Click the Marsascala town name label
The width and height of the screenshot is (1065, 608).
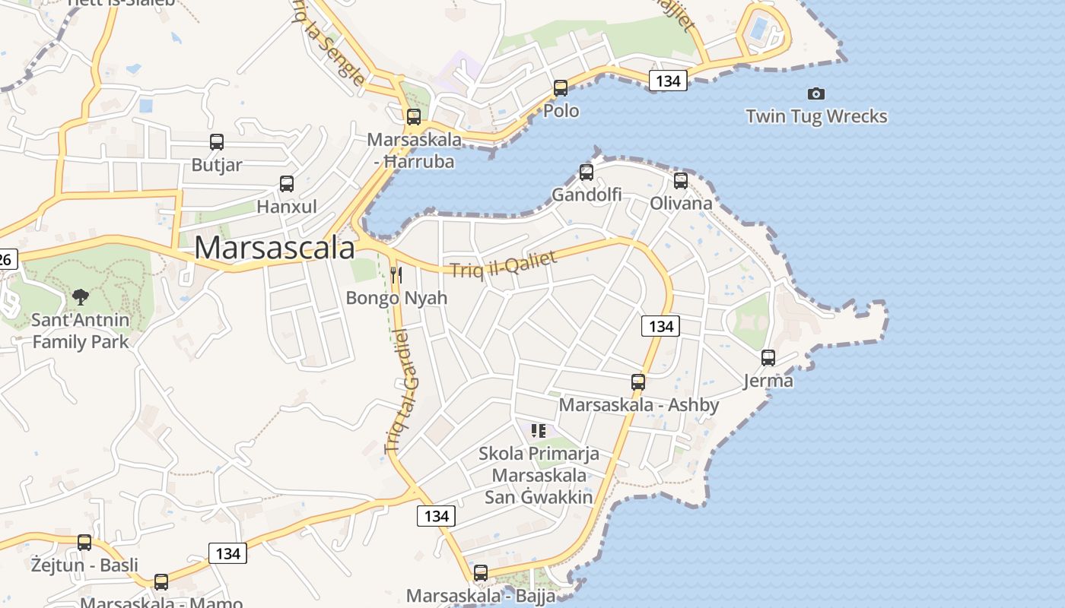pos(275,249)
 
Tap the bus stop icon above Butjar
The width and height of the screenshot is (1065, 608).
pos(217,142)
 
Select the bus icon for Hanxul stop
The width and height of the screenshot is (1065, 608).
pos(287,184)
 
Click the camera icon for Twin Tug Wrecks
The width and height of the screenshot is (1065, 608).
pos(816,93)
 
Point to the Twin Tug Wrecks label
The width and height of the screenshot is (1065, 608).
pos(816,116)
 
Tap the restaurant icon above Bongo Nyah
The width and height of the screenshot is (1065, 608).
pos(396,274)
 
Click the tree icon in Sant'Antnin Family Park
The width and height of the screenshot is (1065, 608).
pos(80,297)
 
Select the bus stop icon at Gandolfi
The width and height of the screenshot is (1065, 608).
pos(587,173)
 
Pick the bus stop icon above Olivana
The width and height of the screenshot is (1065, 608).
pos(681,181)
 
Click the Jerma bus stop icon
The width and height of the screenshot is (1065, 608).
pos(768,358)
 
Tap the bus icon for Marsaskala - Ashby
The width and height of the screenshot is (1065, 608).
pos(638,382)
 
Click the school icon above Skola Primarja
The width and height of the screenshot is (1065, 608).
pos(539,432)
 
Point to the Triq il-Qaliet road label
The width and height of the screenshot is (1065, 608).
pos(503,264)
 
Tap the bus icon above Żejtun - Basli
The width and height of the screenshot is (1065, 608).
pos(84,543)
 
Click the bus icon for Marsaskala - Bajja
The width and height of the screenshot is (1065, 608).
pos(481,573)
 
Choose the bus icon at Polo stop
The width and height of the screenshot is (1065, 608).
pos(561,88)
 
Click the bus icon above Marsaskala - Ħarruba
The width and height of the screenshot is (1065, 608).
pos(414,117)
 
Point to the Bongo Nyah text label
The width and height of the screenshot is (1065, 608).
pos(396,297)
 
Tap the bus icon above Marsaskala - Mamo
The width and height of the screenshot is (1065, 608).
pos(161,582)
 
